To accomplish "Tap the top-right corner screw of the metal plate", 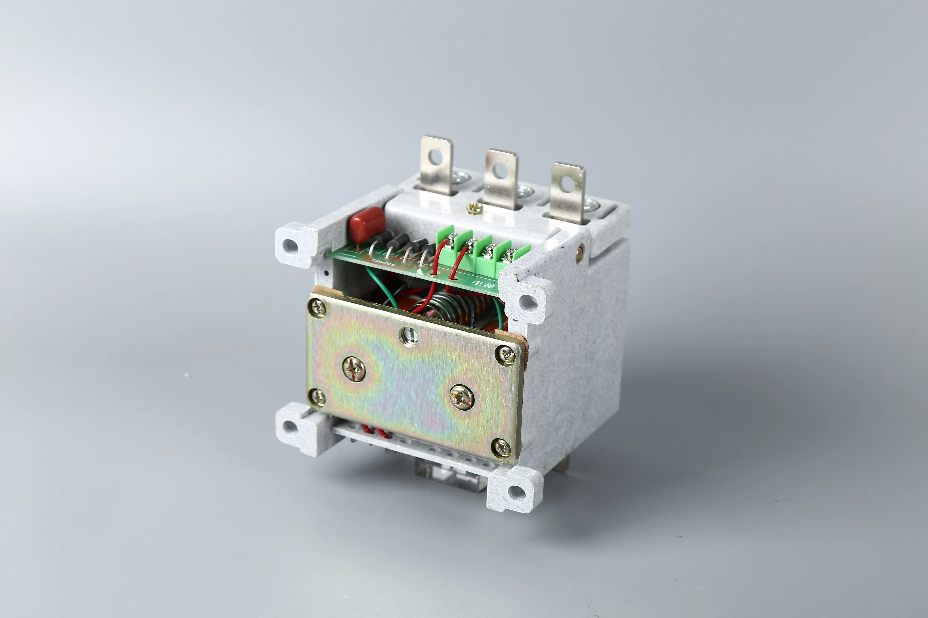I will pos(505,355).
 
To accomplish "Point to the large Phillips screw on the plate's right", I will pos(462,396).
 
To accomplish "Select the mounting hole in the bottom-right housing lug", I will pos(515,491).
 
